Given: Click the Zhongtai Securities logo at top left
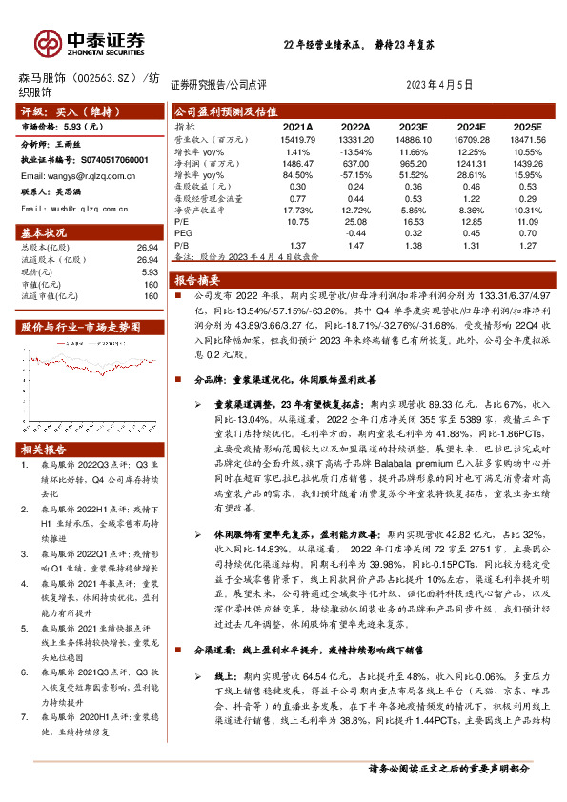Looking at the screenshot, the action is pyautogui.click(x=90, y=42).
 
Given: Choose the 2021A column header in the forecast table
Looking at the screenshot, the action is pyautogui.click(x=298, y=126).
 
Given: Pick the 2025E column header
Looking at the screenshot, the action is pyautogui.click(x=527, y=126).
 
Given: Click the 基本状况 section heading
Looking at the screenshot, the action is pyautogui.click(x=45, y=233).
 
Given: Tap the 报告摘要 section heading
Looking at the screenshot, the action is pyautogui.click(x=198, y=280).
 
